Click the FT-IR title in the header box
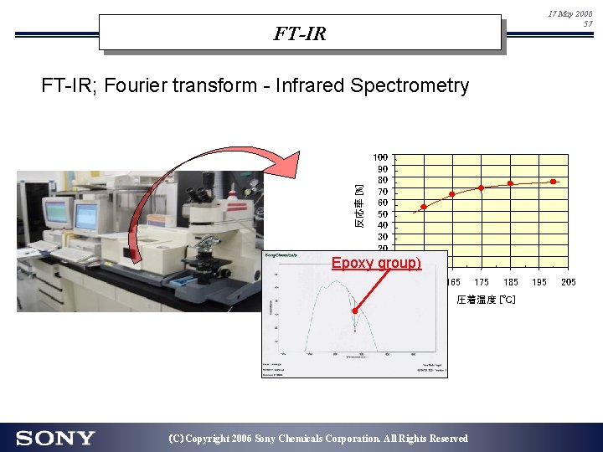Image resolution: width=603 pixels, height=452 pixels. (x=300, y=34)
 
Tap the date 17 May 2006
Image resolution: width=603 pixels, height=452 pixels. (x=570, y=14)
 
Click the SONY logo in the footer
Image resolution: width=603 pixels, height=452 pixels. (x=55, y=438)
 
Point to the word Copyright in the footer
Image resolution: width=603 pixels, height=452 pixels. (x=207, y=439)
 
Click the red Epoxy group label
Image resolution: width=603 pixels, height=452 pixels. (x=376, y=263)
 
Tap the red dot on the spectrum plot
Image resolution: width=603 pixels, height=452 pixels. (x=355, y=310)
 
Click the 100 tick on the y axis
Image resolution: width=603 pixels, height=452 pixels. (x=380, y=157)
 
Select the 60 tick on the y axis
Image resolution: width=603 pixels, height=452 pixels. (x=382, y=203)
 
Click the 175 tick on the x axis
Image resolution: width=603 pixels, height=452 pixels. (x=482, y=282)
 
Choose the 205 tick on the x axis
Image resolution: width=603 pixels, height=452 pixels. (x=569, y=282)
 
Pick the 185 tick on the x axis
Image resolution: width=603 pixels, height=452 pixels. (x=511, y=282)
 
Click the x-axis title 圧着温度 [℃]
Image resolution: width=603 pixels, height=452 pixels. (x=486, y=299)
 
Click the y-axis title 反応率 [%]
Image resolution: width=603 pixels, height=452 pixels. (x=359, y=206)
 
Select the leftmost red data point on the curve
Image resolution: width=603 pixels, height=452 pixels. (x=424, y=207)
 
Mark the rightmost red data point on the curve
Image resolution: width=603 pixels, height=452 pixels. (x=554, y=182)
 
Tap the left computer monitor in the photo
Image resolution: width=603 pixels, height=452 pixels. (x=57, y=213)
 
